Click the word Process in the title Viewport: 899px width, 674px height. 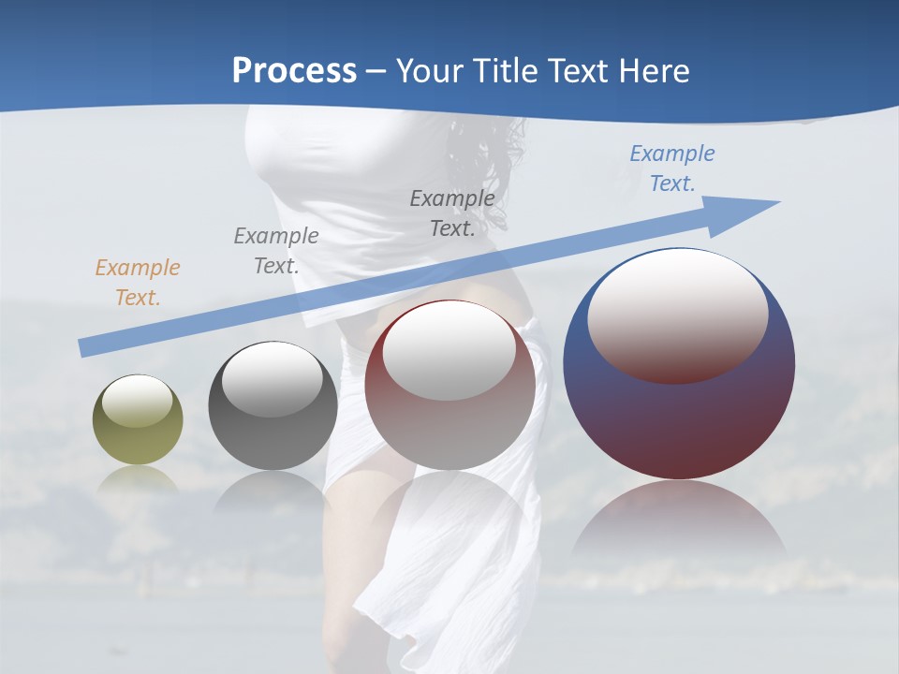[294, 70]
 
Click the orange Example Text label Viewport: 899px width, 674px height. [137, 283]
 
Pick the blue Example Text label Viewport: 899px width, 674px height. [671, 168]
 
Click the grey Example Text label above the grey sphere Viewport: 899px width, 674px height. [275, 250]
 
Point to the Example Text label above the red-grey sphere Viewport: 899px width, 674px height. [452, 212]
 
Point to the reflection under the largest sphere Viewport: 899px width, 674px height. [679, 524]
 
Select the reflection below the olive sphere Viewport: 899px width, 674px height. [138, 479]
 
